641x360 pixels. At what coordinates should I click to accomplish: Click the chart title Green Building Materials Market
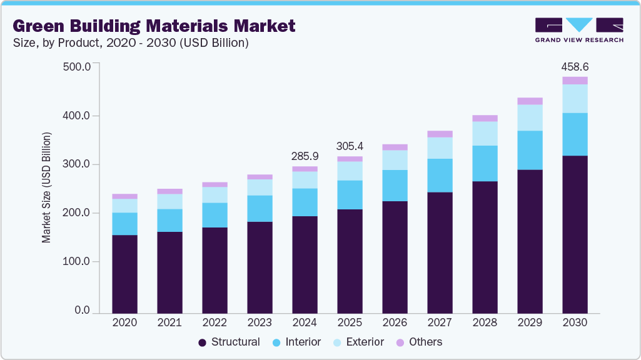coord(153,26)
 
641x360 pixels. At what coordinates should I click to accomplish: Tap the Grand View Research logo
coord(579,30)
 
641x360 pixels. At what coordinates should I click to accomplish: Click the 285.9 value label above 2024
coord(305,156)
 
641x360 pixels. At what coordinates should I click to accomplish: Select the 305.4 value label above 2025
coord(350,146)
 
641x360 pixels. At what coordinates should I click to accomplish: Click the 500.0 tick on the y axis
coord(78,67)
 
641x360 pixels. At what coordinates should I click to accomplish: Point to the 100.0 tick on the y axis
coord(78,262)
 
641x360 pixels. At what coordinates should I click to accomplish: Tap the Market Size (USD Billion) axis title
coord(46,187)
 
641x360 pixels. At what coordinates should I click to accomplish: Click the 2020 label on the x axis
coord(124,322)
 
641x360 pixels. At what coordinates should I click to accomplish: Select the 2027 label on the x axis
coord(440,322)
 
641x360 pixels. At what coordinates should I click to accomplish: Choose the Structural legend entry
coord(229,342)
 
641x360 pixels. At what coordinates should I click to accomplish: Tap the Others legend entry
coord(419,342)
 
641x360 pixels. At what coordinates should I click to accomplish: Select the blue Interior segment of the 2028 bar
coord(485,163)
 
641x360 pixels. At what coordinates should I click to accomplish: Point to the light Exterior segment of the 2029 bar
coord(530,117)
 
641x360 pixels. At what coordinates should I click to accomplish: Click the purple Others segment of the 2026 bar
coord(395,147)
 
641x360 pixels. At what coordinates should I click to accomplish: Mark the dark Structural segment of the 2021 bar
coord(169,272)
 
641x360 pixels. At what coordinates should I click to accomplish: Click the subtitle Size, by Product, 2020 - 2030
coord(131,43)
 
